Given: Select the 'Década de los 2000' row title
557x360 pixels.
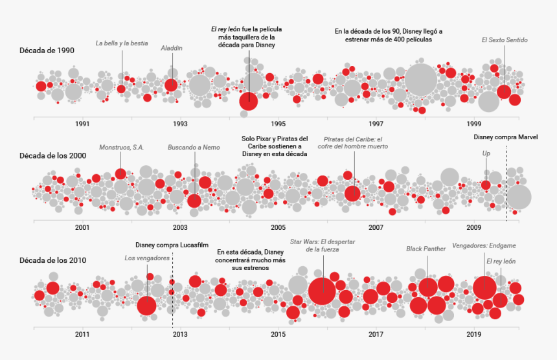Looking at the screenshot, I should pyautogui.click(x=52, y=155).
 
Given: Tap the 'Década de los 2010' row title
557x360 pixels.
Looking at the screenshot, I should pyautogui.click(x=52, y=260).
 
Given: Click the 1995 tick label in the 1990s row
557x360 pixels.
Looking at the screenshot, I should pyautogui.click(x=278, y=124).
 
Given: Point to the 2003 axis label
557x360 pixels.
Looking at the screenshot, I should pyautogui.click(x=180, y=228).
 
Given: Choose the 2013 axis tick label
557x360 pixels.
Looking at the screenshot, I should pyautogui.click(x=180, y=334).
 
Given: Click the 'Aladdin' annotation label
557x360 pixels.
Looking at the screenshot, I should pyautogui.click(x=172, y=48).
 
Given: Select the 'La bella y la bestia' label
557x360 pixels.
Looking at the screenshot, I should pyautogui.click(x=122, y=43).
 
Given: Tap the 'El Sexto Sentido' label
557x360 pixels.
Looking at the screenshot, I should pyautogui.click(x=505, y=40).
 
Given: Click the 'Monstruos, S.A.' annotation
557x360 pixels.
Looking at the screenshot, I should pyautogui.click(x=122, y=148).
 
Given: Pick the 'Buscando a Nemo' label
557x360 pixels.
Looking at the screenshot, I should pyautogui.click(x=194, y=148).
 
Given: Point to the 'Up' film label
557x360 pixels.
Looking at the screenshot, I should pyautogui.click(x=486, y=153).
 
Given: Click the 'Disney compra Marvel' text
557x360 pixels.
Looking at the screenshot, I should pyautogui.click(x=506, y=137).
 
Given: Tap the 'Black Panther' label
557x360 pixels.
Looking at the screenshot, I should pyautogui.click(x=426, y=249).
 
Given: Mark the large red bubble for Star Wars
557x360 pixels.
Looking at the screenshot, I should pyautogui.click(x=322, y=291).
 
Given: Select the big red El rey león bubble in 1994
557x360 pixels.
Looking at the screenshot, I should pyautogui.click(x=249, y=101).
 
